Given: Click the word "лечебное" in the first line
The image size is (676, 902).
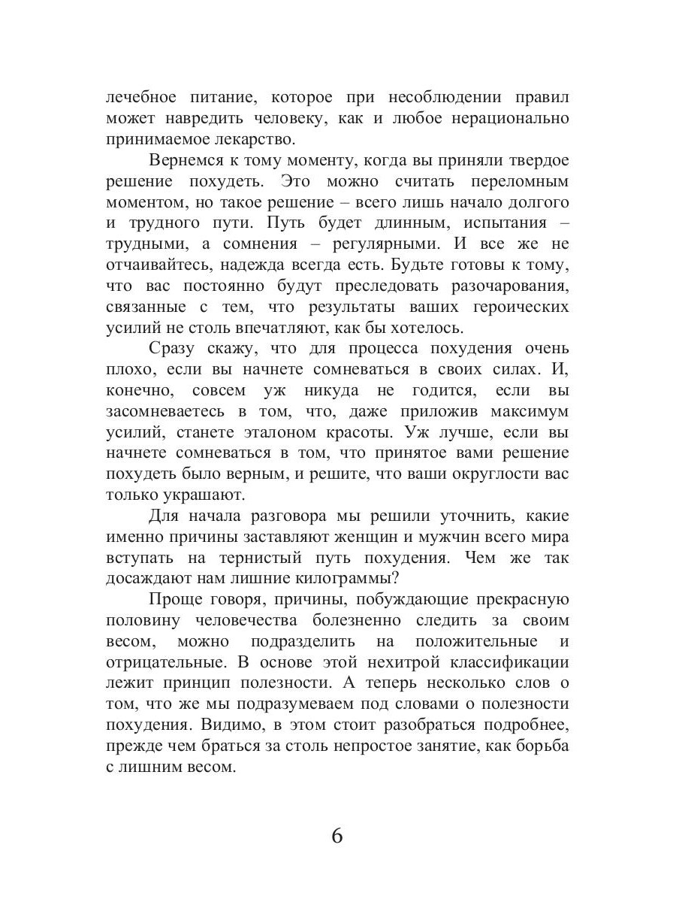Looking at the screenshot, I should [x=140, y=98].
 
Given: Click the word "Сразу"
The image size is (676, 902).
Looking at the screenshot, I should [x=174, y=349].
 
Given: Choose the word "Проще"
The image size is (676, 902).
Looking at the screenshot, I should [x=172, y=600].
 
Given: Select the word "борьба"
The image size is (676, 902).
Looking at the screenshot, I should [x=540, y=747].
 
